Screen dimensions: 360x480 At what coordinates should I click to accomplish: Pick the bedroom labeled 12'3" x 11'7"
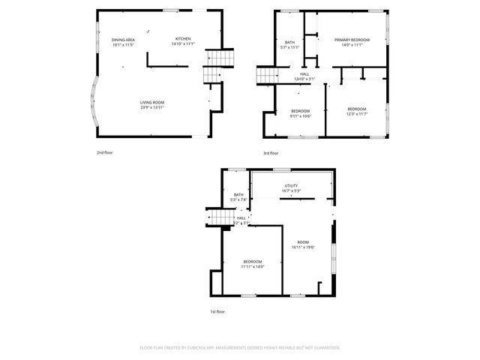pyautogui.click(x=356, y=112)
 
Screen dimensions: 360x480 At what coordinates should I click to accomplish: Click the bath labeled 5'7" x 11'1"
pyautogui.click(x=289, y=45)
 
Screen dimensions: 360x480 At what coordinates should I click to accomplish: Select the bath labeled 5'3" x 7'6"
pyautogui.click(x=238, y=197)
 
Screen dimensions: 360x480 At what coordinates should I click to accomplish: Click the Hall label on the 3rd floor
pyautogui.click(x=304, y=76)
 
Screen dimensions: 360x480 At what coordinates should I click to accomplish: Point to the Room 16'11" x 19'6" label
pyautogui.click(x=303, y=244)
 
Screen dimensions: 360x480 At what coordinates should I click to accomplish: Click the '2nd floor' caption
pyautogui.click(x=104, y=153)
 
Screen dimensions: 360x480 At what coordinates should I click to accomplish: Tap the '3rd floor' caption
pyautogui.click(x=271, y=153)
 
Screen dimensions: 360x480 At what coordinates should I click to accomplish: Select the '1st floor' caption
pyautogui.click(x=217, y=311)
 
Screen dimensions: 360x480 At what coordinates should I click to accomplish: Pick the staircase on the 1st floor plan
pyautogui.click(x=217, y=217)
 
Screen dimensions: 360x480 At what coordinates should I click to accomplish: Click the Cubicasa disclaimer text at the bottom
pyautogui.click(x=240, y=348)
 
